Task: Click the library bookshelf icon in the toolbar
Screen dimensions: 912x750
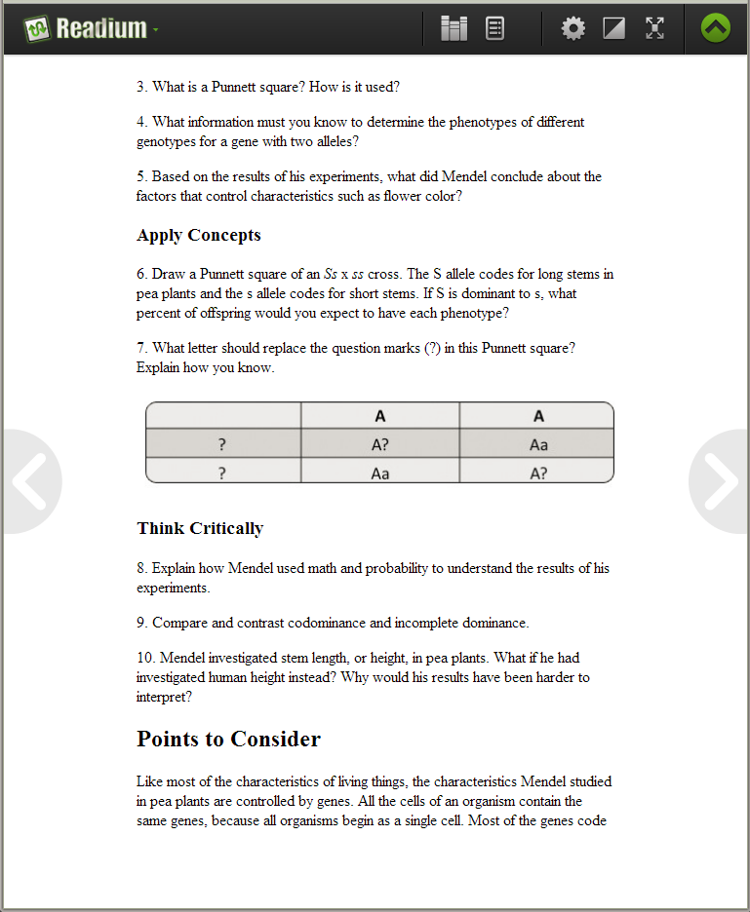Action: (x=454, y=29)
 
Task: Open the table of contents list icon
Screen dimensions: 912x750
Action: (x=494, y=29)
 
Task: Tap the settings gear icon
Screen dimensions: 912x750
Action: (x=573, y=29)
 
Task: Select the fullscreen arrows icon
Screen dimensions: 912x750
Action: (x=654, y=29)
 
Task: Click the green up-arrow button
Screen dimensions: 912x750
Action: (x=715, y=29)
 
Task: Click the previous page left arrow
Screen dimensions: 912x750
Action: (x=29, y=481)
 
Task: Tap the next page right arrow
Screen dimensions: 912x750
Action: (x=721, y=481)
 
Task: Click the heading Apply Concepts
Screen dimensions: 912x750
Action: (x=199, y=236)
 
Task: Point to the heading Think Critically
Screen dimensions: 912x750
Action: (x=200, y=529)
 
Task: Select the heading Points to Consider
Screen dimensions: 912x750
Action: (x=228, y=740)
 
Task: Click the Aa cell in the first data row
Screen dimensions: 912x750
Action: (x=538, y=445)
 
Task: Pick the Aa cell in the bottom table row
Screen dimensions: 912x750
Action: (x=380, y=474)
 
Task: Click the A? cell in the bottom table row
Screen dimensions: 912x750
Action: (x=538, y=474)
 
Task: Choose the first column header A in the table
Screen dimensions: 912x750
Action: (x=380, y=416)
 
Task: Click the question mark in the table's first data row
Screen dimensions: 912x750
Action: (x=222, y=445)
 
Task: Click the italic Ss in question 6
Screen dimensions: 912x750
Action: (x=331, y=274)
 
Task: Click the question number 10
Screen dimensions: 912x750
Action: (x=144, y=658)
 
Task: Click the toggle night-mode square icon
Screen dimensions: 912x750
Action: (x=613, y=29)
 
